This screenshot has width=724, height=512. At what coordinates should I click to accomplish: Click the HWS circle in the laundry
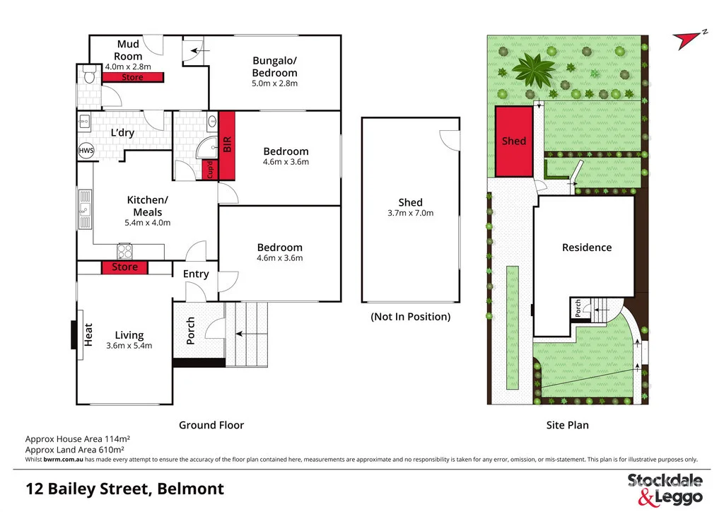tap(85, 151)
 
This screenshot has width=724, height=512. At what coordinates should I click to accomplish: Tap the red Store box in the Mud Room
tap(132, 78)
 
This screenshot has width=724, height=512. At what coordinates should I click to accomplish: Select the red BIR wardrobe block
tap(227, 146)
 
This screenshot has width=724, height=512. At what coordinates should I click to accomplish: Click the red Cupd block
tap(210, 170)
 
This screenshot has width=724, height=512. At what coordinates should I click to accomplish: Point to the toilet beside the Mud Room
tap(88, 74)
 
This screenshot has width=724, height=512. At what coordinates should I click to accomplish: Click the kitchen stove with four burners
tap(124, 251)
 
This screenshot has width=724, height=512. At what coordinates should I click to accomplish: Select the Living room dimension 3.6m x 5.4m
tap(129, 346)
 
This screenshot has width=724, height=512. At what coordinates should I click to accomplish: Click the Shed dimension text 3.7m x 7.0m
tap(410, 213)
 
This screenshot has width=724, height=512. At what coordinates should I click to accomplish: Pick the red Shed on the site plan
tap(513, 141)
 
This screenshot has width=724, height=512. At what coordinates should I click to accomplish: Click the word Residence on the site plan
tap(586, 248)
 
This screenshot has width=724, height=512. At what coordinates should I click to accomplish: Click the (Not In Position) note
tap(410, 317)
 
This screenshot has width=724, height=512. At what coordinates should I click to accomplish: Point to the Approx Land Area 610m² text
tap(75, 449)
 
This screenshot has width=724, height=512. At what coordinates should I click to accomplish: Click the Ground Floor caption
tap(211, 425)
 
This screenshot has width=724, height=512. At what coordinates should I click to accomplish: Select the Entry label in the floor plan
tap(196, 274)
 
